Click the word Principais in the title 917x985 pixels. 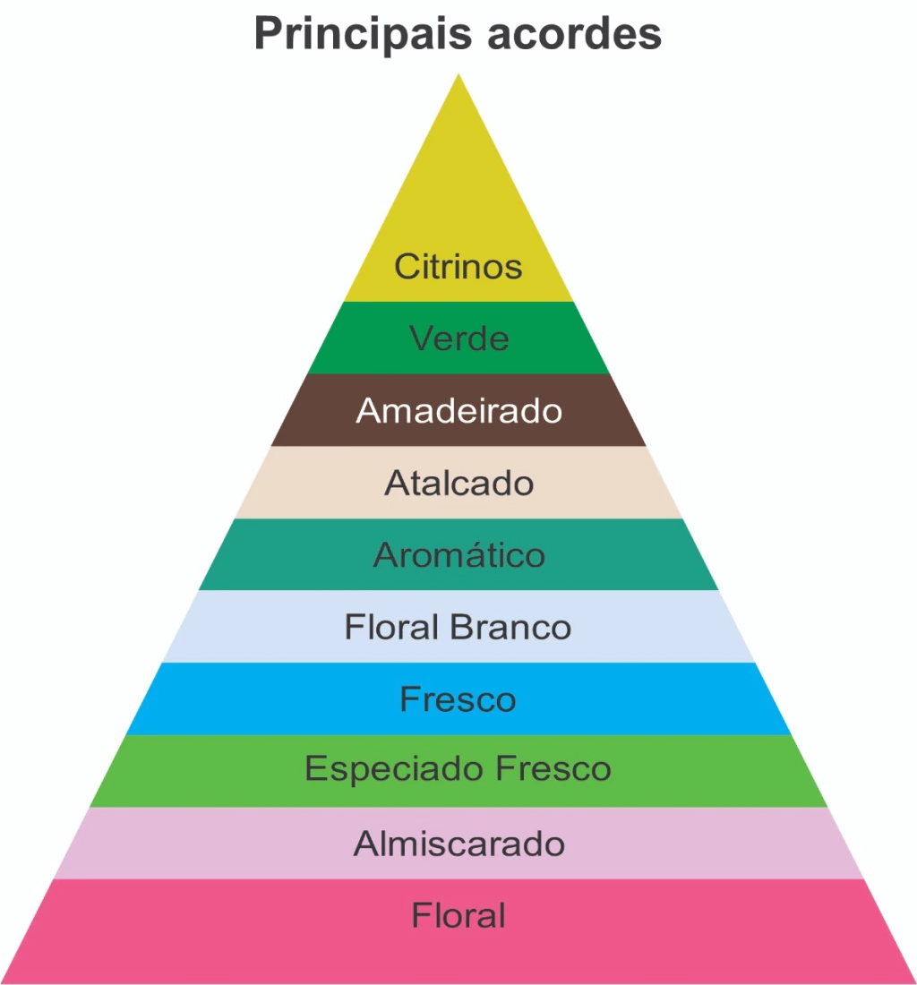click(x=363, y=34)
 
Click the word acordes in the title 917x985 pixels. click(x=574, y=32)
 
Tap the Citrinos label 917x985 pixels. click(x=458, y=266)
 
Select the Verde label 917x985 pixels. click(x=458, y=338)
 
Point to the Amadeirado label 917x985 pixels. click(x=458, y=411)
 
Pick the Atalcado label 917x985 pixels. click(x=458, y=483)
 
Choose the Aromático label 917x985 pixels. click(x=458, y=554)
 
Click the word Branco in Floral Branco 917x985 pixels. click(x=510, y=627)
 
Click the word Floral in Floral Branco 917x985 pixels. click(x=391, y=627)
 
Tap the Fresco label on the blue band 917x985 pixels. click(x=458, y=699)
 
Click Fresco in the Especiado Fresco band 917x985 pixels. click(x=553, y=768)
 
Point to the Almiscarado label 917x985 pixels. click(x=458, y=844)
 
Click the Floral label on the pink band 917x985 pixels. click(x=458, y=915)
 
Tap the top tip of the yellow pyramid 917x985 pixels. click(x=458, y=74)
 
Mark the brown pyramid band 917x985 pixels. click(x=458, y=410)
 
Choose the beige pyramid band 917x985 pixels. click(x=458, y=483)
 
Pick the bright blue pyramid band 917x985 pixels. click(x=458, y=698)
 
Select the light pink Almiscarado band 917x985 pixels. click(x=458, y=843)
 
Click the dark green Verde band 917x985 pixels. click(x=458, y=338)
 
